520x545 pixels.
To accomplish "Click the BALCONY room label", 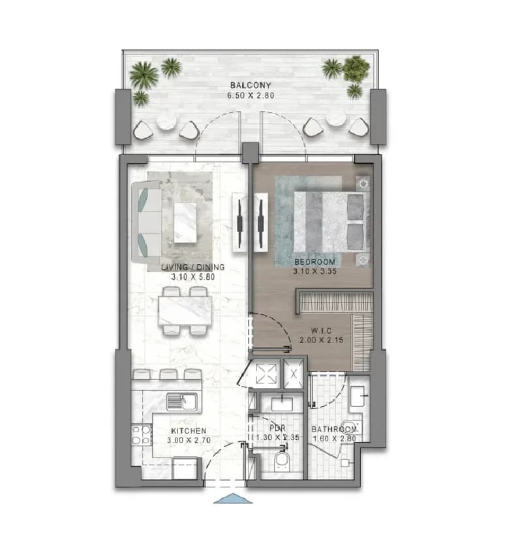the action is coord(251,85).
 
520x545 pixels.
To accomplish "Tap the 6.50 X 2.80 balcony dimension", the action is coord(251,95).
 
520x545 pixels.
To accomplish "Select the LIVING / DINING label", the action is coord(192,267).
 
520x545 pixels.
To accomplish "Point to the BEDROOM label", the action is coord(314,262).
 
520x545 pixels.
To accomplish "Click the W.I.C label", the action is coord(322,331).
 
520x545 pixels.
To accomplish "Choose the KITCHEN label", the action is coord(189,431).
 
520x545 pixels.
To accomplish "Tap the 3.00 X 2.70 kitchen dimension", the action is coord(189,441).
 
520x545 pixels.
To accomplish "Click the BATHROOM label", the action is coord(334,430).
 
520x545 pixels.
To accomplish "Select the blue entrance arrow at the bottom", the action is coord(233,499).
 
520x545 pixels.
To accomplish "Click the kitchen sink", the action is coord(181,402).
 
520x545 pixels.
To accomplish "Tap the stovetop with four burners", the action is coord(142,435).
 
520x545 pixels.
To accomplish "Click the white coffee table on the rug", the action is coord(185,223).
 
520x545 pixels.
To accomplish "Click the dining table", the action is coord(185,310).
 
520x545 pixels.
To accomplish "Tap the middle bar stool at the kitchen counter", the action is coord(168,374).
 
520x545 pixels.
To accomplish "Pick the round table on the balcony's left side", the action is coord(166,122).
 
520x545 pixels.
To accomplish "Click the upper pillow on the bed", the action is coord(356,207).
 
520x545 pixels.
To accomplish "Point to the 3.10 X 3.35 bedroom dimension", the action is coord(314,271).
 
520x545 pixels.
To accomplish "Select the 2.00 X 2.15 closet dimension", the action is coord(322,340).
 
